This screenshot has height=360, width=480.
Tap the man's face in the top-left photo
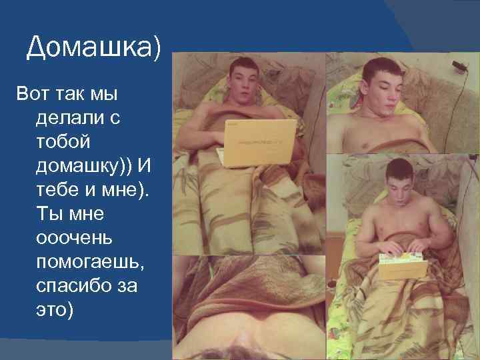[x=244, y=84]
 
